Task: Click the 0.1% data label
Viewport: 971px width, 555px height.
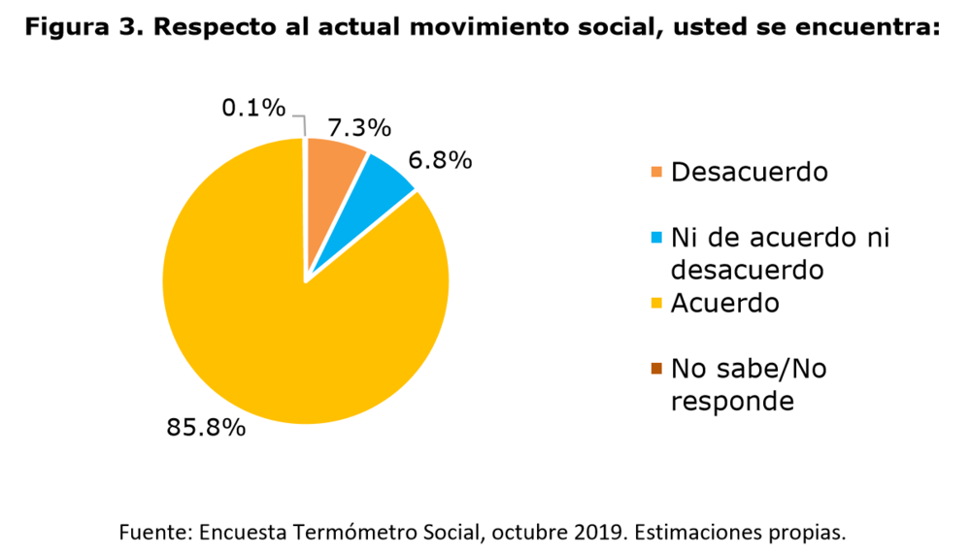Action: (253, 108)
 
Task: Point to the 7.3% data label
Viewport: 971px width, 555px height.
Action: (359, 127)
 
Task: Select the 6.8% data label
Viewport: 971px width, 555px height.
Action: (441, 159)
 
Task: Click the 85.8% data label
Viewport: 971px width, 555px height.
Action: (206, 426)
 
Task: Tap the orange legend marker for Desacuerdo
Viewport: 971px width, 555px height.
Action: (656, 173)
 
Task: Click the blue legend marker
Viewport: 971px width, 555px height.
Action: (656, 238)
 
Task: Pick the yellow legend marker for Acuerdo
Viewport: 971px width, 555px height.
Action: (656, 304)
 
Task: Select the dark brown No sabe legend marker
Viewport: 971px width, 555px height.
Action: (656, 369)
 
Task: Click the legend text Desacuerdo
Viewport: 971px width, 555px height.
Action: (749, 172)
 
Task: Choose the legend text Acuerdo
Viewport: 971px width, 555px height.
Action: (724, 303)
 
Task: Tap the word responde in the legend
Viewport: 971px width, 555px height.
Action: (731, 400)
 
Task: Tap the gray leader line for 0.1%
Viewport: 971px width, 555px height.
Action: (300, 121)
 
